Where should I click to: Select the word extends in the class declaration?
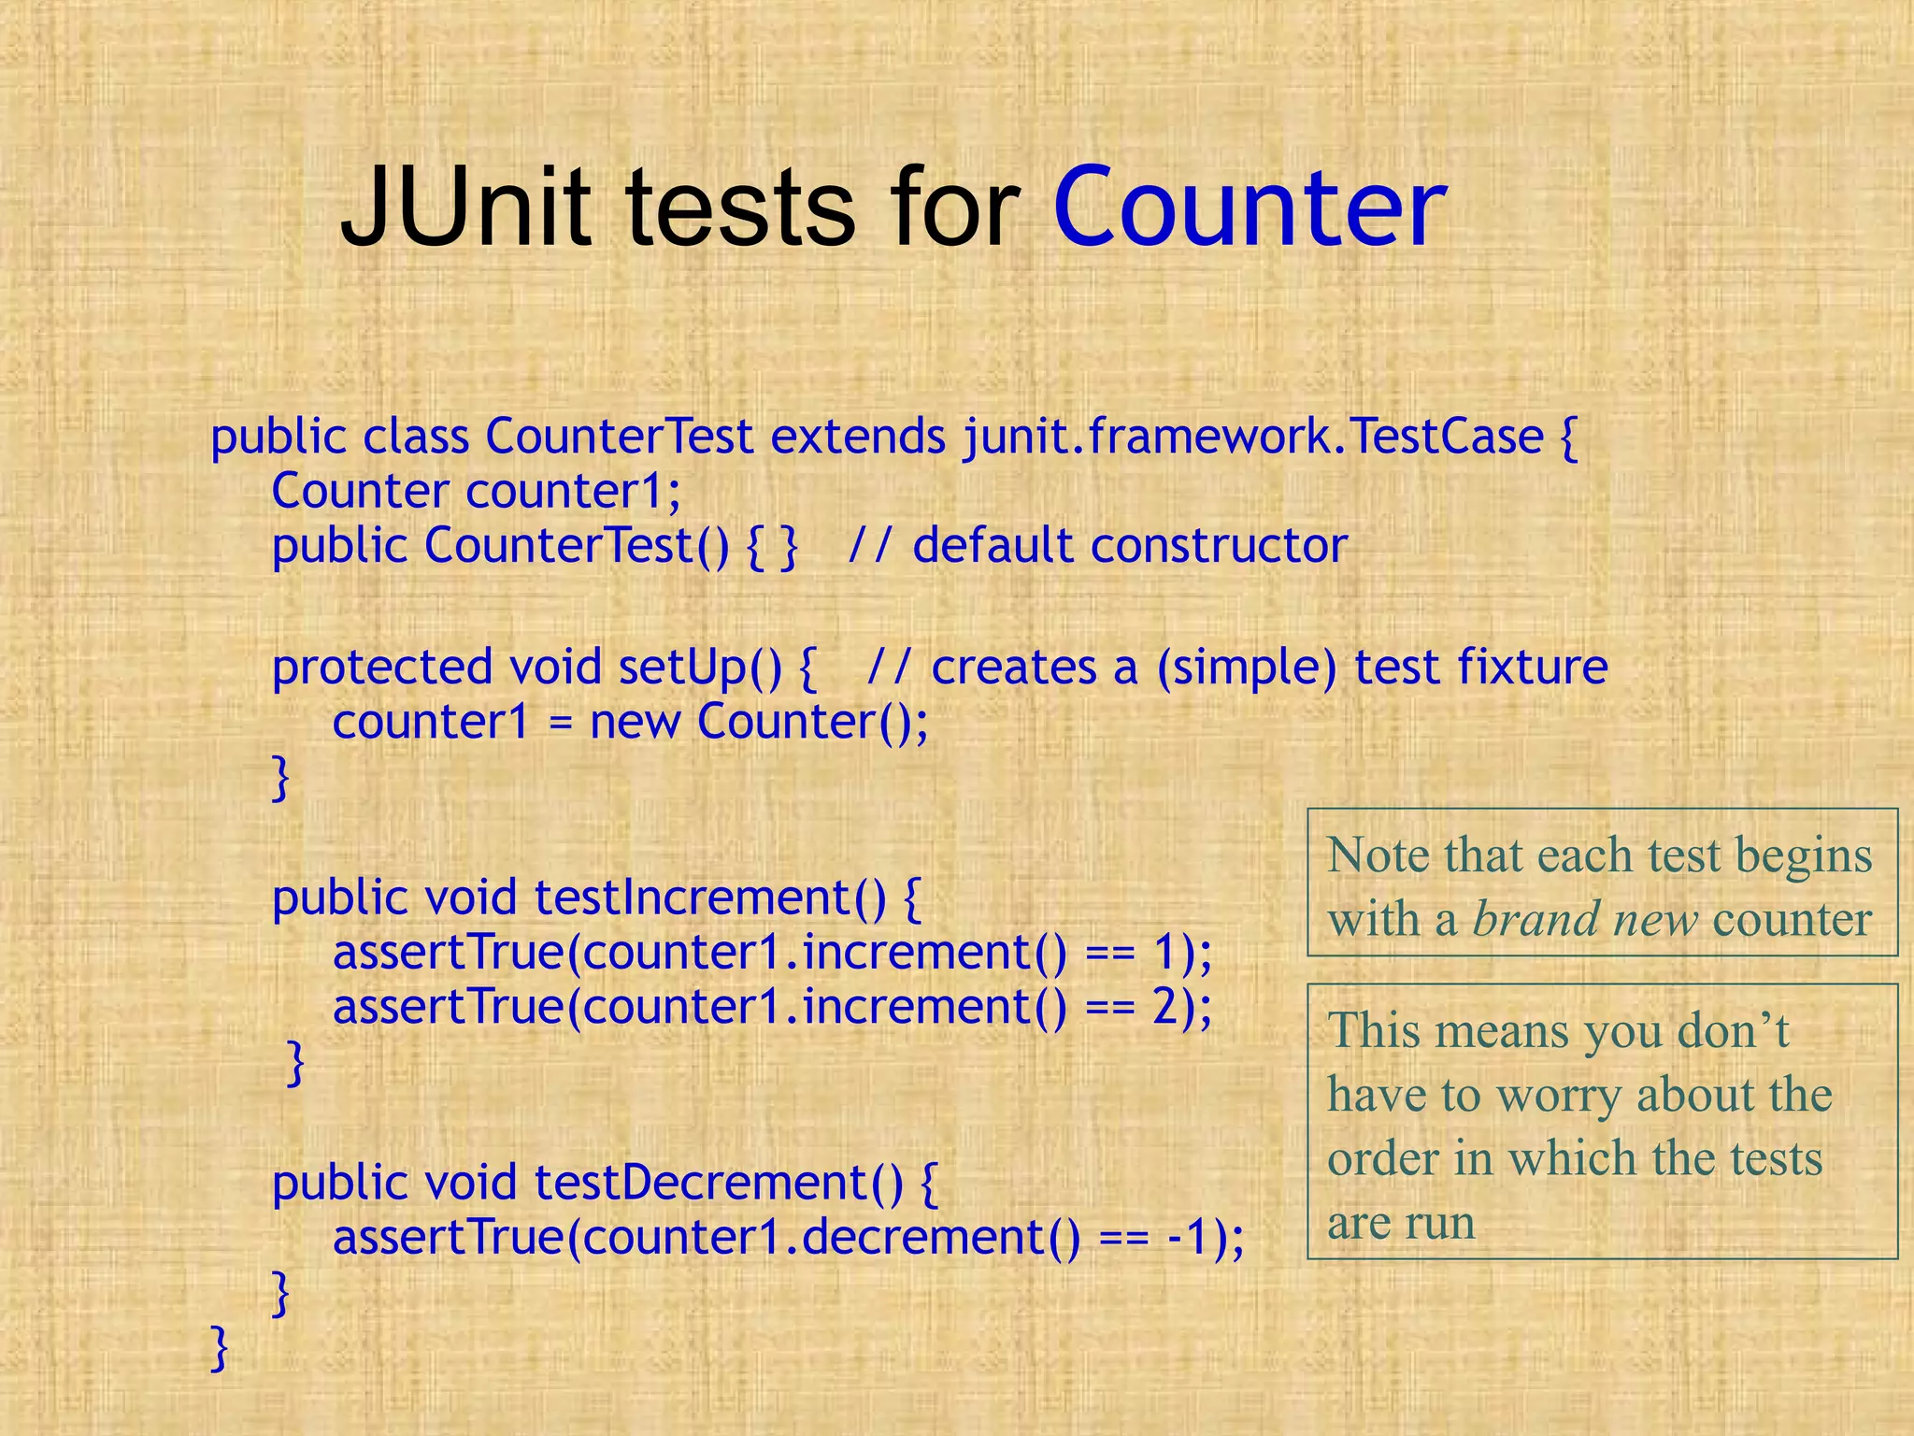point(858,437)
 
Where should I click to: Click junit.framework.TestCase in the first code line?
point(1253,437)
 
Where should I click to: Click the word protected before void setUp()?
point(381,668)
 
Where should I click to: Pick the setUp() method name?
point(699,668)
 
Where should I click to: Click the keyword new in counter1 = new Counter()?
point(635,722)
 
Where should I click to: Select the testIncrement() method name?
point(709,897)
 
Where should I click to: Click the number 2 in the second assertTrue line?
point(1166,1007)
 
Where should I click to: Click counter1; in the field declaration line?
point(574,491)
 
